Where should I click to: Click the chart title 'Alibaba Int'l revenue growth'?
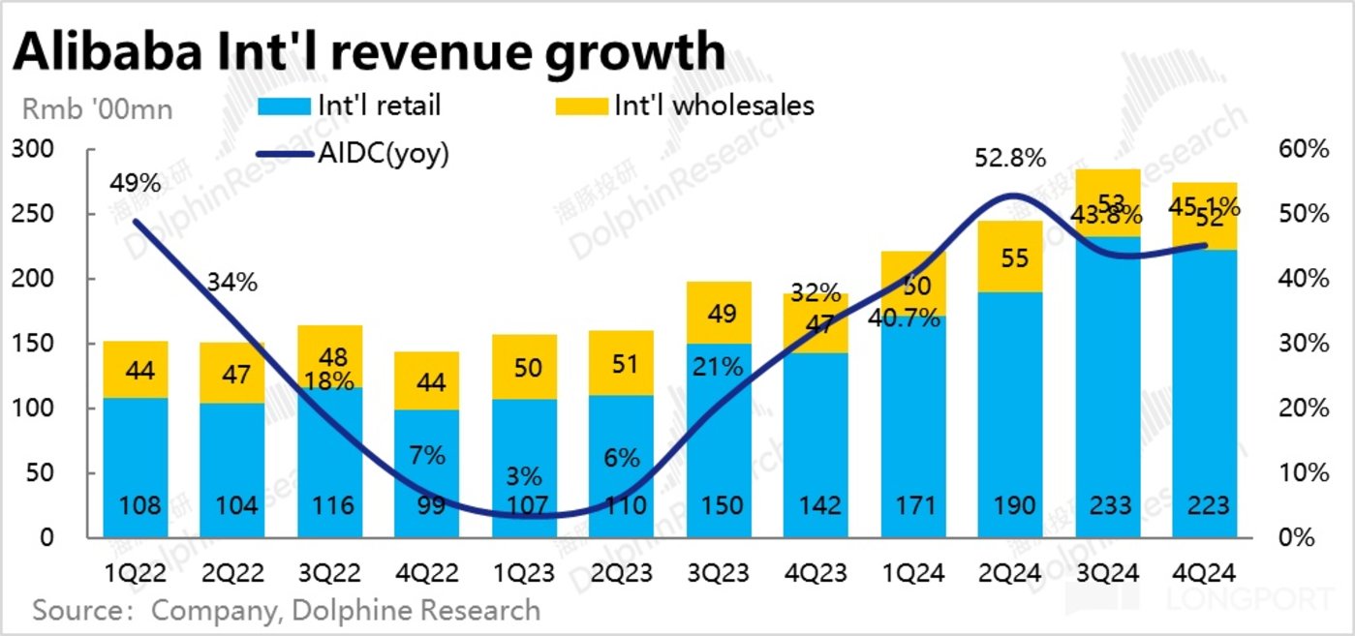coord(368,50)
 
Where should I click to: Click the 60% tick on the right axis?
coord(1304,150)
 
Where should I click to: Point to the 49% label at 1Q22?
coord(135,184)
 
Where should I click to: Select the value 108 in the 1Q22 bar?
coord(135,505)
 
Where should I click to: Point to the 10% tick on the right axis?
coord(1304,473)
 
